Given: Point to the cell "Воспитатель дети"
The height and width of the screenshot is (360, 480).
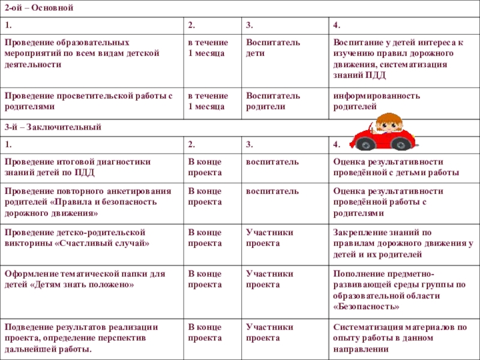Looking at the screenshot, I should coord(273,48).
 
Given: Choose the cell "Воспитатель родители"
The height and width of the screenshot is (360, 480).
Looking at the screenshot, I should coord(273,101).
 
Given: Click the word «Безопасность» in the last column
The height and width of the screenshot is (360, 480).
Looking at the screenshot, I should coord(367,306).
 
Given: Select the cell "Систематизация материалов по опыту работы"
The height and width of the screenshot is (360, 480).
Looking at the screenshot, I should coord(400,337).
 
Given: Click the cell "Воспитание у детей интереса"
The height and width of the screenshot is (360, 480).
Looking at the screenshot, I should coord(398,59).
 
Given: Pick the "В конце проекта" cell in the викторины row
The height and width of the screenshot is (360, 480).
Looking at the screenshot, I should coord(205,238).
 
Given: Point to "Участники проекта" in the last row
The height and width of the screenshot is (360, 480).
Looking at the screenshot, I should coord(270,332).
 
